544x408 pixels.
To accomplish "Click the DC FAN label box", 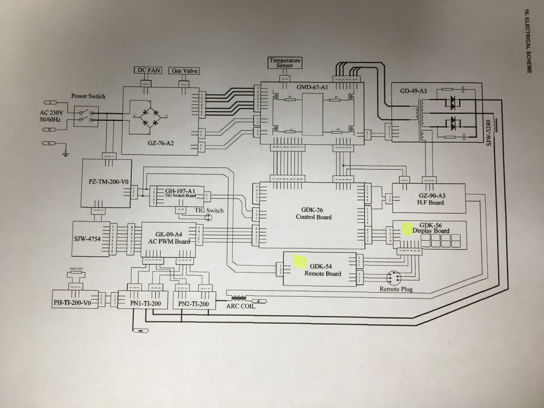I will (x=148, y=71).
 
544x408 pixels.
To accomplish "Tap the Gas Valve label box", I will (x=184, y=71).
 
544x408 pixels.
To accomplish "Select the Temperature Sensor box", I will (x=285, y=62).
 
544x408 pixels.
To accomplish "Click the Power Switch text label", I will (x=88, y=96).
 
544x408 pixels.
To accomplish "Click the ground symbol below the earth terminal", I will (x=64, y=154).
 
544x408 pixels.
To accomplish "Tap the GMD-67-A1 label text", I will (x=312, y=87).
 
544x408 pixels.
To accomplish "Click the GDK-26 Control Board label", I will (x=313, y=213).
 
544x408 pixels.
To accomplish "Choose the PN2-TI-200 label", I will (x=194, y=304).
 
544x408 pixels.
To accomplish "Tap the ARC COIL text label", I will (x=241, y=306).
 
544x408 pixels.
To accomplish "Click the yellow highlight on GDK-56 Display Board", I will (x=407, y=228).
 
